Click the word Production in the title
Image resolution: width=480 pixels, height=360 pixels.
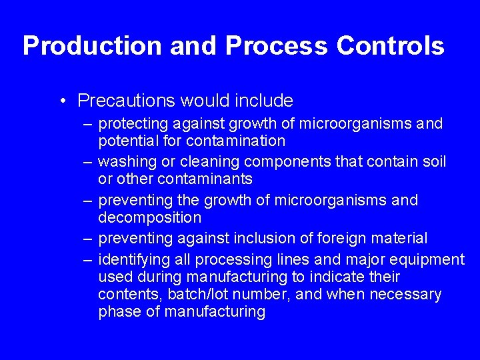pyautogui.click(x=91, y=46)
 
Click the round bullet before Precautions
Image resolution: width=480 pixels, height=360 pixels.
pyautogui.click(x=61, y=101)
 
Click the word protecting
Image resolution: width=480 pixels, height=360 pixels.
pyautogui.click(x=133, y=124)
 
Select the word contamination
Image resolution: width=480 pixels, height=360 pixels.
pyautogui.click(x=235, y=141)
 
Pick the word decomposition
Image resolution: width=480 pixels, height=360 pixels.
pyautogui.click(x=149, y=217)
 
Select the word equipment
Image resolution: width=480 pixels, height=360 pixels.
pyautogui.click(x=428, y=259)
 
